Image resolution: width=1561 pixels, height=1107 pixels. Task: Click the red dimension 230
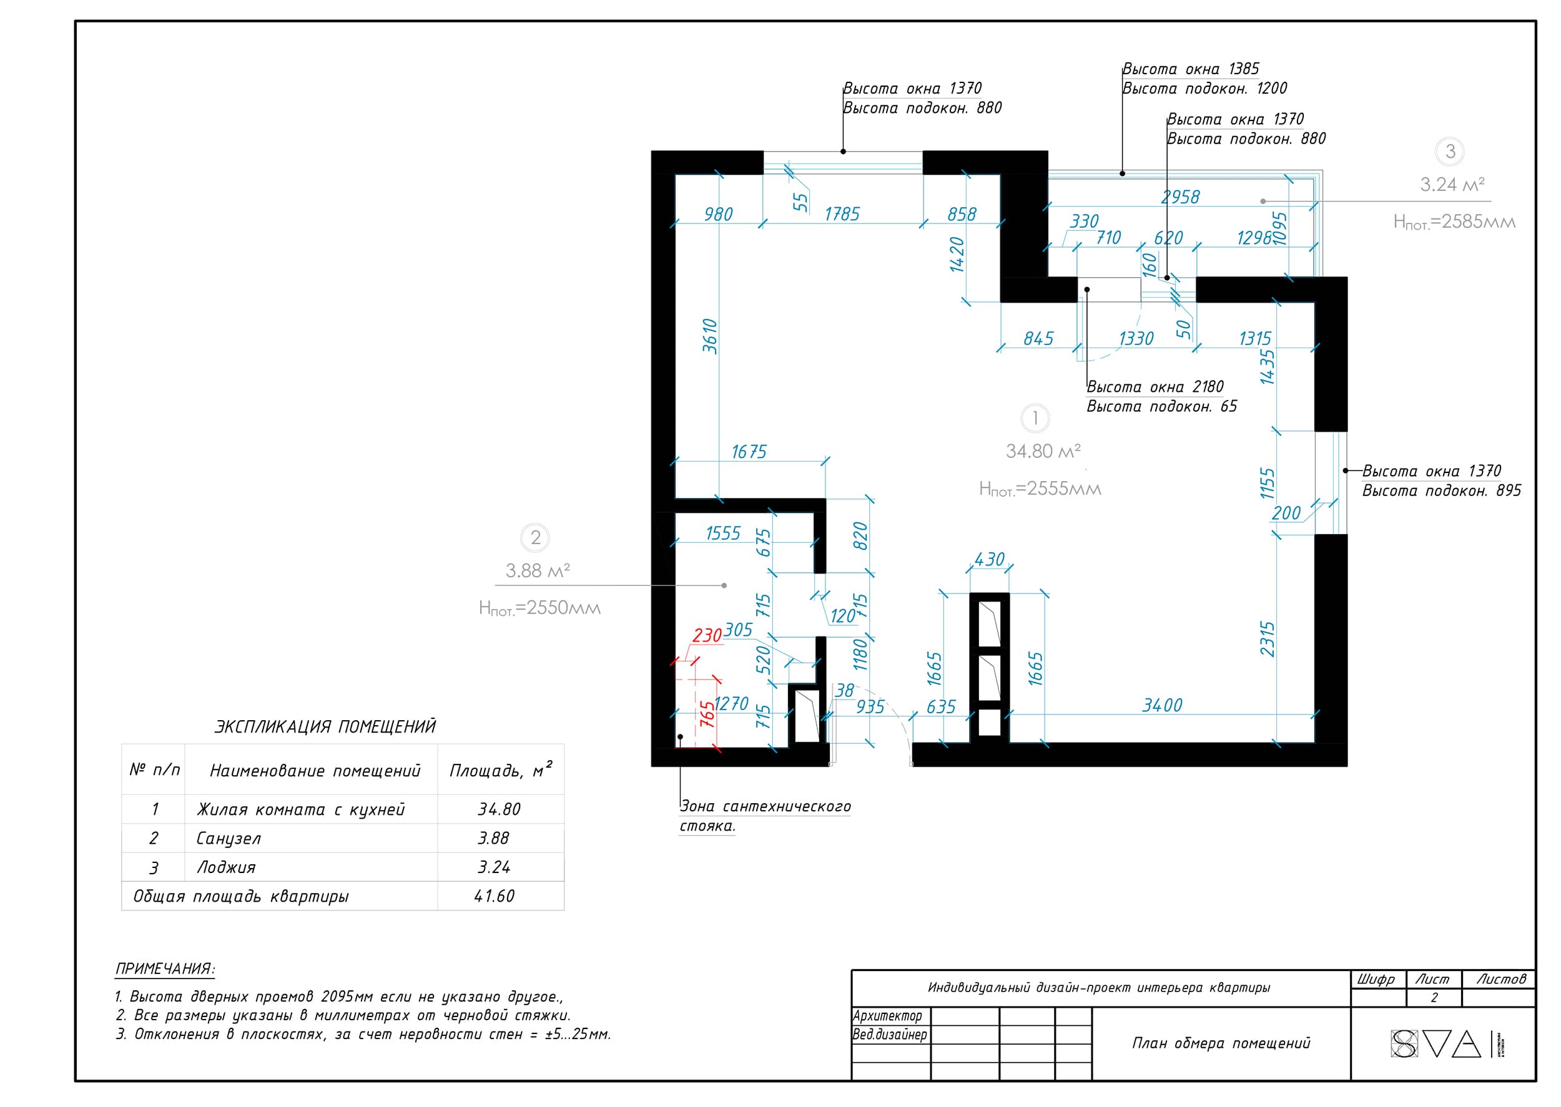[x=706, y=635]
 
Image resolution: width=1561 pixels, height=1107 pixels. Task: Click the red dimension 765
[x=708, y=714]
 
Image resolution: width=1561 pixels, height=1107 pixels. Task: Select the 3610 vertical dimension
[x=710, y=336]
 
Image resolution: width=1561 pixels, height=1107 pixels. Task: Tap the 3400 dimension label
[x=1162, y=705]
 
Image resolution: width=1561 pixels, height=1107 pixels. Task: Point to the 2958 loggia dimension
[x=1181, y=197]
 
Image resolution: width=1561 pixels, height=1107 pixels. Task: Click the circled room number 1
[x=1035, y=418]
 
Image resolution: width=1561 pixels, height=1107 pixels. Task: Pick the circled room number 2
[x=535, y=538]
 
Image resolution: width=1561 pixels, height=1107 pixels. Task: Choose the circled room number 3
[x=1450, y=152]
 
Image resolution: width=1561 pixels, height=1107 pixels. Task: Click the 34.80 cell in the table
[x=498, y=809]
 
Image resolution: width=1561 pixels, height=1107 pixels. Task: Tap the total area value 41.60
[x=495, y=895]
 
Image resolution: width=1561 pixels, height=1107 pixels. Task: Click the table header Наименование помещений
[x=315, y=770]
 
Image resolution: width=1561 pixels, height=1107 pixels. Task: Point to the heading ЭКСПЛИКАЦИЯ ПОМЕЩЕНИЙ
[x=325, y=726]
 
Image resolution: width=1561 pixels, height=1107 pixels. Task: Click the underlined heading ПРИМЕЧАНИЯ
[x=165, y=968]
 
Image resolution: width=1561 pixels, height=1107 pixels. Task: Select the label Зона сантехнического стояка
[x=765, y=816]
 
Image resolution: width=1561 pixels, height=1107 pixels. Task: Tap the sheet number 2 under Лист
[x=1434, y=997]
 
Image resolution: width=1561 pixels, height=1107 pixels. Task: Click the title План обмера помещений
[x=1221, y=1043]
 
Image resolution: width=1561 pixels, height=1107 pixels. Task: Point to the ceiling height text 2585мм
[x=1454, y=222]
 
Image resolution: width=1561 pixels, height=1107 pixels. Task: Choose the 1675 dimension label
[x=749, y=451]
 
